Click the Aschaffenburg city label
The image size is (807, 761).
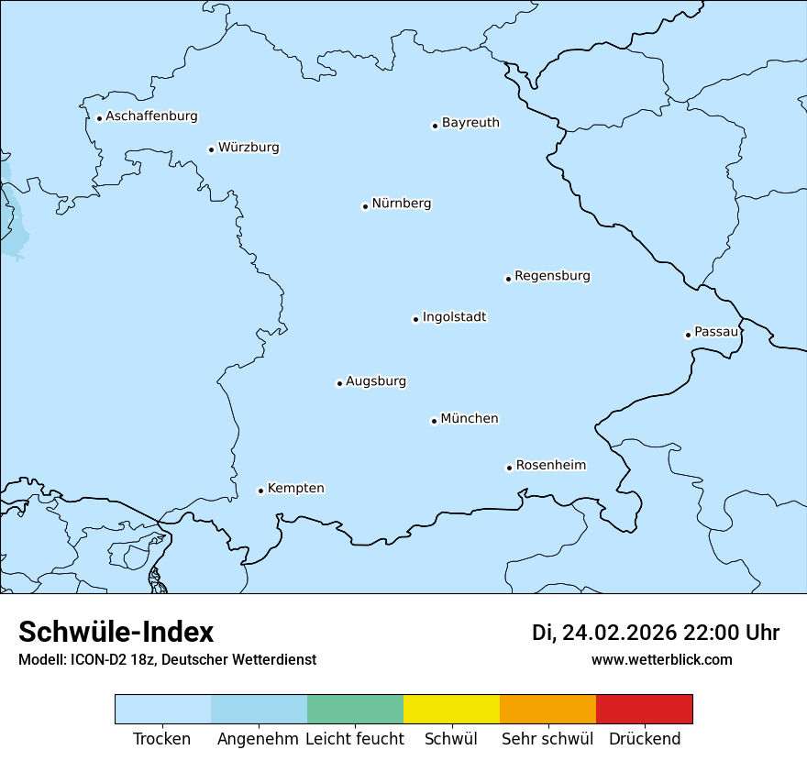pyautogui.click(x=151, y=116)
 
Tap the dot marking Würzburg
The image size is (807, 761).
pyautogui.click(x=211, y=149)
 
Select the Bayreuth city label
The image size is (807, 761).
pyautogui.click(x=470, y=123)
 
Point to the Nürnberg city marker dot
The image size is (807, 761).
pyautogui.click(x=365, y=206)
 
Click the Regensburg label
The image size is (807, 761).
pyautogui.click(x=552, y=276)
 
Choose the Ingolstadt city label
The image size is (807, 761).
pyautogui.click(x=454, y=317)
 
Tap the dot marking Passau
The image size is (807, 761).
pyautogui.click(x=688, y=335)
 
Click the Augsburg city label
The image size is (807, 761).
pyautogui.click(x=376, y=381)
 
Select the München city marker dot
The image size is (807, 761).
pyautogui.click(x=434, y=421)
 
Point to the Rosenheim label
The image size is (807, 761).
pyautogui.click(x=550, y=466)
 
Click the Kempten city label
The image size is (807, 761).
pyautogui.click(x=295, y=489)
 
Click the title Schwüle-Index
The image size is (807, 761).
pyautogui.click(x=116, y=632)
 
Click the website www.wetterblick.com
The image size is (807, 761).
pyautogui.click(x=661, y=659)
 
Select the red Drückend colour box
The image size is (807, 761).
pyautogui.click(x=644, y=709)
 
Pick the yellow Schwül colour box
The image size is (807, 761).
pyautogui.click(x=451, y=709)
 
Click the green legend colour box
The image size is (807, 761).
pyautogui.click(x=355, y=709)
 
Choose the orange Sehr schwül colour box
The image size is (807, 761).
pyautogui.click(x=547, y=709)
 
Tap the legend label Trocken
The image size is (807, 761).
pyautogui.click(x=162, y=739)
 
